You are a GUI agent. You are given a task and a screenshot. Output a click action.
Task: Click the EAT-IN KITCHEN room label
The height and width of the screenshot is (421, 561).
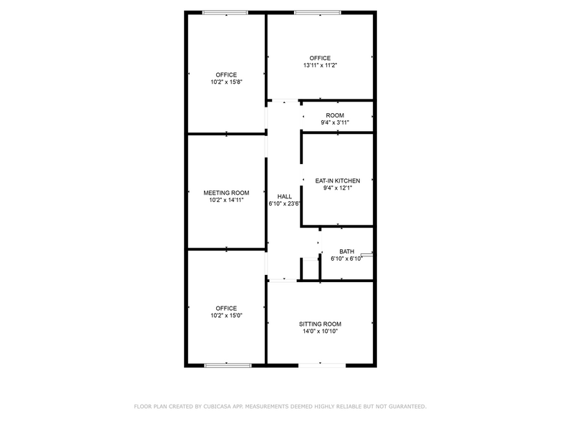338,180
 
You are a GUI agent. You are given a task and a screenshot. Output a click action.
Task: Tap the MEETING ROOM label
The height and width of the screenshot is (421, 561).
226,193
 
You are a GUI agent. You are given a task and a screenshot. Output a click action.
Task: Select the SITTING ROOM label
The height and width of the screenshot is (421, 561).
320,324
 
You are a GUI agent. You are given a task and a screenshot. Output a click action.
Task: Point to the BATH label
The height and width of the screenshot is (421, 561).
346,251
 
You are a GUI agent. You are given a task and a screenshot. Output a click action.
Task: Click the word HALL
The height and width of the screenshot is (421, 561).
284,196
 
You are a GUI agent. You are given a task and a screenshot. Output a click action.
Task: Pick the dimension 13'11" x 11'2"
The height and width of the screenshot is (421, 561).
320,65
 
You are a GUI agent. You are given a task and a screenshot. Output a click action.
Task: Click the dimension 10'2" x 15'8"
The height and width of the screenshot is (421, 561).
226,82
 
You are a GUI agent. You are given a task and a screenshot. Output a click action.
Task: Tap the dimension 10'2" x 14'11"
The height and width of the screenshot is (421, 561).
226,200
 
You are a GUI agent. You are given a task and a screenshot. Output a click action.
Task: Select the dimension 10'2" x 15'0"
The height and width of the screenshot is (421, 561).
226,316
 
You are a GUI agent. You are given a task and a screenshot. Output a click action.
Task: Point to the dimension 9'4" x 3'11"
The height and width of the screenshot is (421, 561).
335,122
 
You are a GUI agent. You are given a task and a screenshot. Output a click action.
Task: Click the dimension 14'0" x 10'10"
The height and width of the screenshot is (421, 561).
320,332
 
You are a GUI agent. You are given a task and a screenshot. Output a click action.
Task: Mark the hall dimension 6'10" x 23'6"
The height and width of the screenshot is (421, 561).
284,203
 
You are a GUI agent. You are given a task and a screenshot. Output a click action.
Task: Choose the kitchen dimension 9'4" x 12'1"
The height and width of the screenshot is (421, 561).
338,188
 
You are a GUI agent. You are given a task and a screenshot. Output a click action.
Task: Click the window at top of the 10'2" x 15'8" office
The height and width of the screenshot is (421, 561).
225,12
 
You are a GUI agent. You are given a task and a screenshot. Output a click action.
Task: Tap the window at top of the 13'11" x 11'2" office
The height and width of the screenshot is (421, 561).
318,12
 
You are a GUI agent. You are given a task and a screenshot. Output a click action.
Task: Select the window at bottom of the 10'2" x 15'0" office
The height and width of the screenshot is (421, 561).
228,365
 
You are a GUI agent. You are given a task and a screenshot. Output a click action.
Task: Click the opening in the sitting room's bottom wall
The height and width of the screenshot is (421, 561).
321,365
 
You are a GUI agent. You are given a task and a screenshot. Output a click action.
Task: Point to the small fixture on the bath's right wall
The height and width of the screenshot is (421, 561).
367,253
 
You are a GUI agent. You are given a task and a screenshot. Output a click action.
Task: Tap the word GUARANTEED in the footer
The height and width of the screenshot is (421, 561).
404,406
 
